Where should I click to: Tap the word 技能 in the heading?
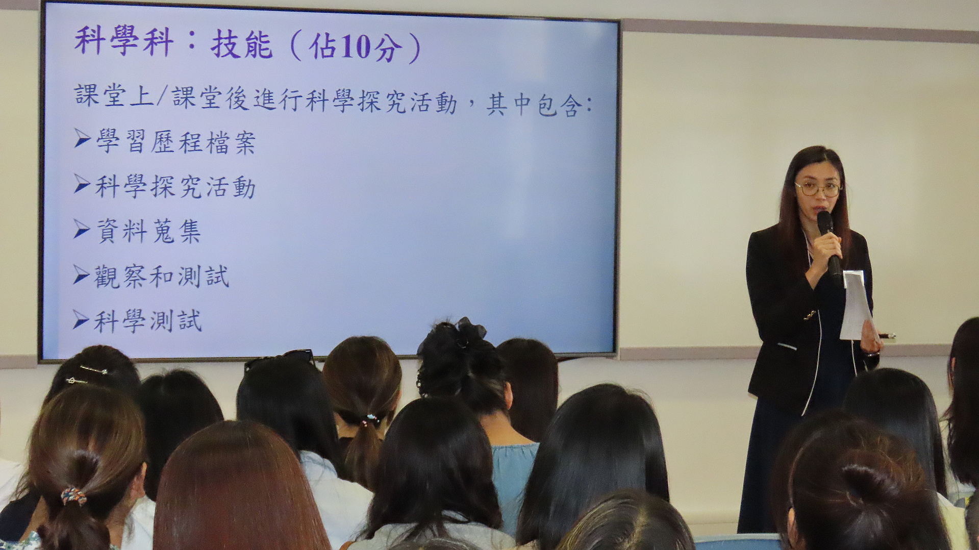coord(241,45)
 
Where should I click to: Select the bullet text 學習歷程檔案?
coord(175,142)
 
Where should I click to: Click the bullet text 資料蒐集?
coord(148,231)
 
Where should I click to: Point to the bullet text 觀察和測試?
coord(162,276)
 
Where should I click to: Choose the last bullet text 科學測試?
coord(148,321)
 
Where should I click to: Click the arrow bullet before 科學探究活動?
coord(82,183)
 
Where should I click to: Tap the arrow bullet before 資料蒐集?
coord(82,229)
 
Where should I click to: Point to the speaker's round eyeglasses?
coord(818,189)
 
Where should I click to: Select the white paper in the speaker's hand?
coord(856,305)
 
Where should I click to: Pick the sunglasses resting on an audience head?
coord(279,359)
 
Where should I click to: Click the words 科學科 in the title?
coord(124,41)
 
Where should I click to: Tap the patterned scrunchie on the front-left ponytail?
coord(73,496)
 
